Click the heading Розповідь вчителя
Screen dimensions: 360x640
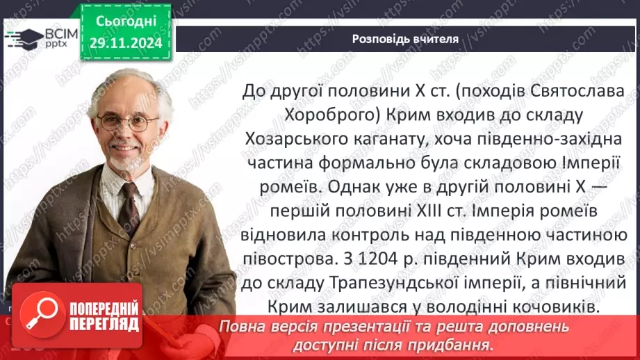coord(405,39)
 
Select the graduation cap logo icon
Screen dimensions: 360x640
coord(24,36)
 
